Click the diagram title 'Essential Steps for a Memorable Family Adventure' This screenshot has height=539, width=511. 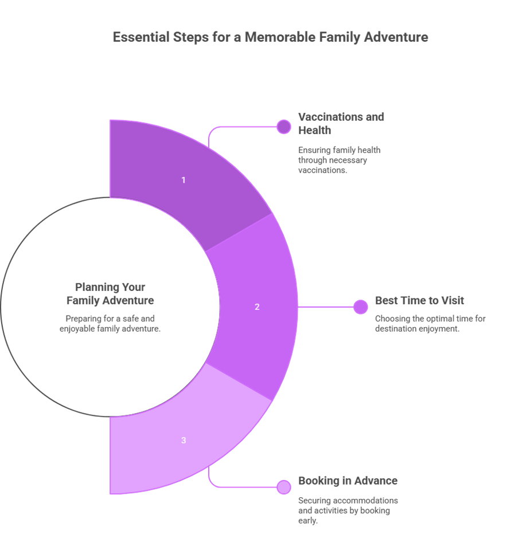270,38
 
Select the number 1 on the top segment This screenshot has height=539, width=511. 184,180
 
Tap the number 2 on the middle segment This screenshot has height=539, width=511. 257,306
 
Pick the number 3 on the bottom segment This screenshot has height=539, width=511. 184,440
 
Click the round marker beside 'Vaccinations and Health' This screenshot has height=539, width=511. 283,127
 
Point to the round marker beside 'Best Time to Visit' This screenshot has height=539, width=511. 360,307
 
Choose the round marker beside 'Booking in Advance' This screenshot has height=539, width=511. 283,487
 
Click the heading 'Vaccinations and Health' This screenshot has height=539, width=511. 341,123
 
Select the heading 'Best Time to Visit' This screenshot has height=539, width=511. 419,301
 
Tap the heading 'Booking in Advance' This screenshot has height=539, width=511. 348,481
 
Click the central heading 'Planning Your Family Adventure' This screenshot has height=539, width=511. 110,293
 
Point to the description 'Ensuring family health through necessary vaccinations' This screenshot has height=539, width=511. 339,160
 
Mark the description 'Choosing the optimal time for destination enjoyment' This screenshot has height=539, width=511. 430,323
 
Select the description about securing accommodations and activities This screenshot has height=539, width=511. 348,510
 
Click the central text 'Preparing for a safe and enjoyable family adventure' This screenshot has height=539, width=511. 110,323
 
